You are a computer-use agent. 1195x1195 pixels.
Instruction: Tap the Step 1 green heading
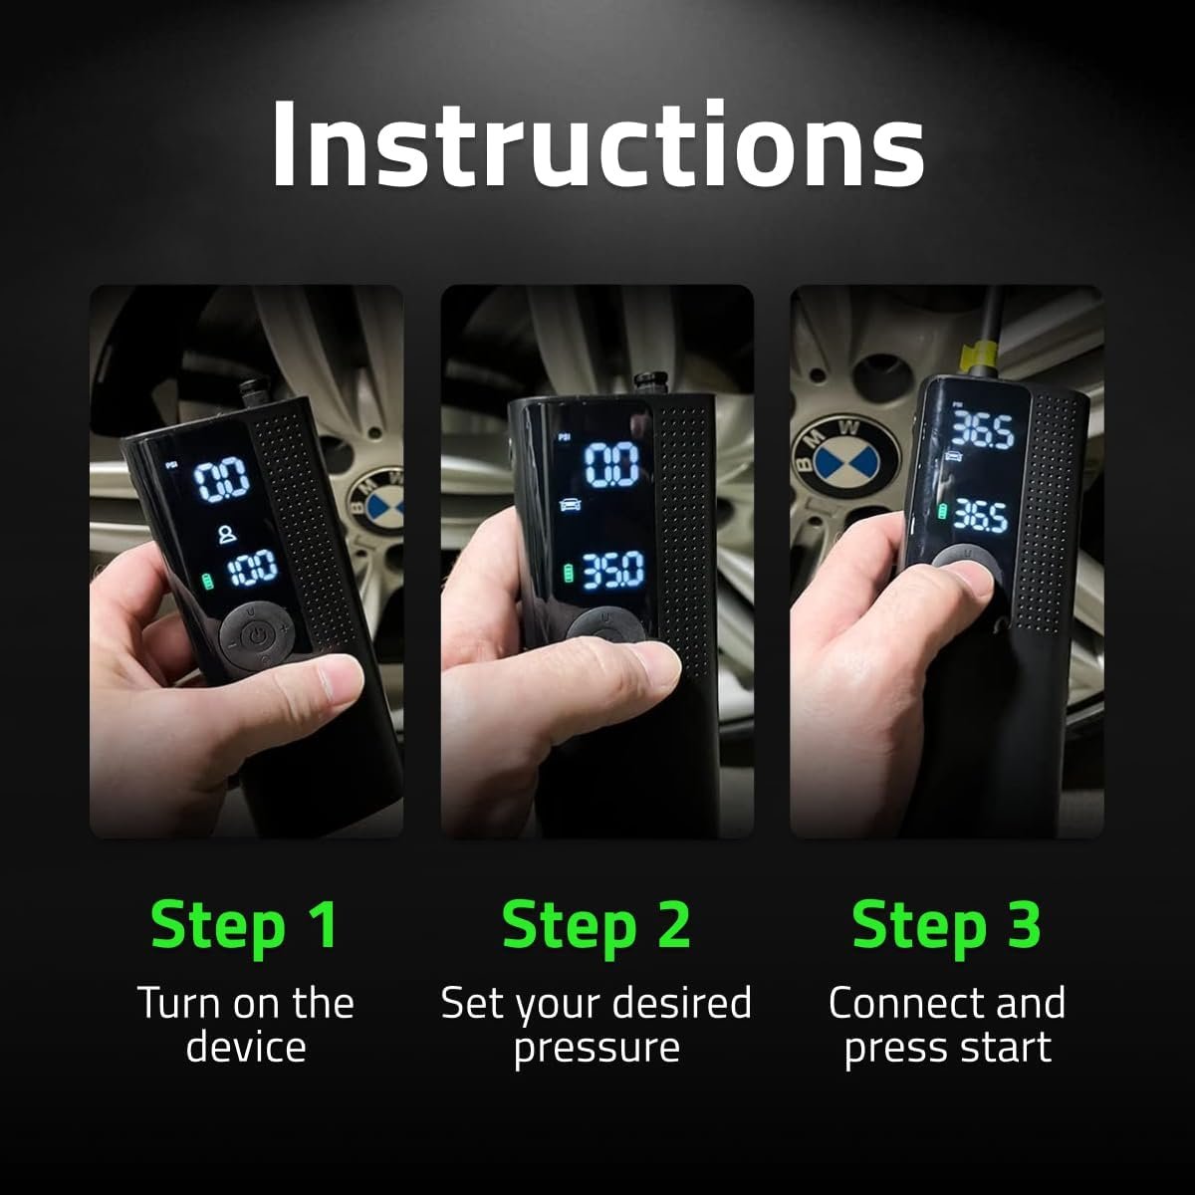tap(245, 924)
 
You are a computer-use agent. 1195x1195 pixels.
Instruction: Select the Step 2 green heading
tap(596, 924)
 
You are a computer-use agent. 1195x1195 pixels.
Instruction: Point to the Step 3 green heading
tap(946, 924)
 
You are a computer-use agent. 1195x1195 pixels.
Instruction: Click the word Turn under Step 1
tap(176, 1004)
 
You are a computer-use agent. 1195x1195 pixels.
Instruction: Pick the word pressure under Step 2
tap(596, 1049)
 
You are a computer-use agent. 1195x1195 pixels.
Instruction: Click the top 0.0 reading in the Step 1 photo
tap(221, 482)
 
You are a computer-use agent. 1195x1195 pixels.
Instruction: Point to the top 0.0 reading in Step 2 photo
tap(610, 464)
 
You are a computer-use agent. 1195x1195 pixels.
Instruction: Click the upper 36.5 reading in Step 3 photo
tap(982, 430)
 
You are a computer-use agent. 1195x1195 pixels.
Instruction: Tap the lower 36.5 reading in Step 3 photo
tap(981, 515)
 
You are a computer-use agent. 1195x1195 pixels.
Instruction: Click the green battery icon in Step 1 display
tap(209, 581)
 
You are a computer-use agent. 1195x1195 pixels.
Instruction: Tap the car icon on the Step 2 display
tap(571, 504)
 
